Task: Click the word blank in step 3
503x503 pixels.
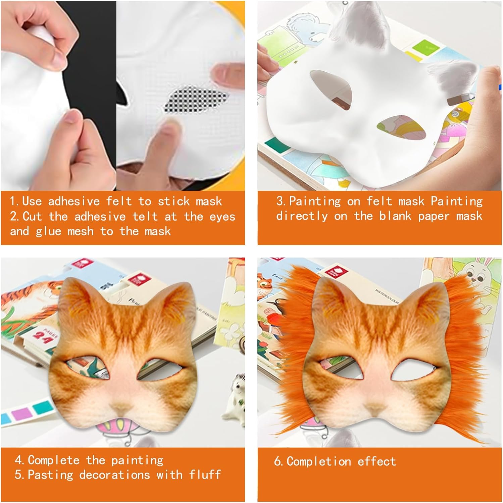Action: click(x=395, y=216)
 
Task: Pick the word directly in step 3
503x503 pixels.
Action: click(x=302, y=216)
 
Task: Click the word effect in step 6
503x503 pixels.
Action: click(x=376, y=462)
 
